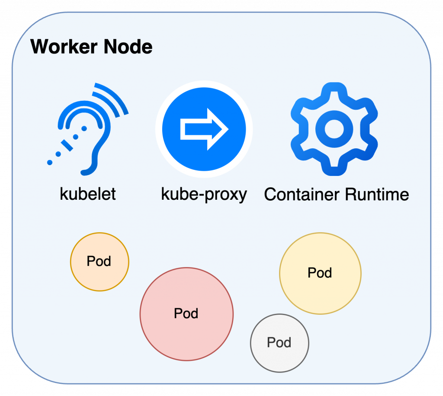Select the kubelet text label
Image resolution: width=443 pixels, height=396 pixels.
pos(88,194)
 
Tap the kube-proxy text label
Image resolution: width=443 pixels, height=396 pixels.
pos(204,194)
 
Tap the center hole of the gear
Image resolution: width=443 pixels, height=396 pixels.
pos(334,129)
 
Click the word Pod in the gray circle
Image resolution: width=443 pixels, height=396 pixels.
pos(279,342)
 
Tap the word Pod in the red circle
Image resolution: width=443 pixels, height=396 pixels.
pos(186,313)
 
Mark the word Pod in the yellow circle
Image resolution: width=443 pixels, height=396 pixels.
pos(320,273)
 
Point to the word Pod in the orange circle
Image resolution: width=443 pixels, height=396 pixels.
pos(99,261)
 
